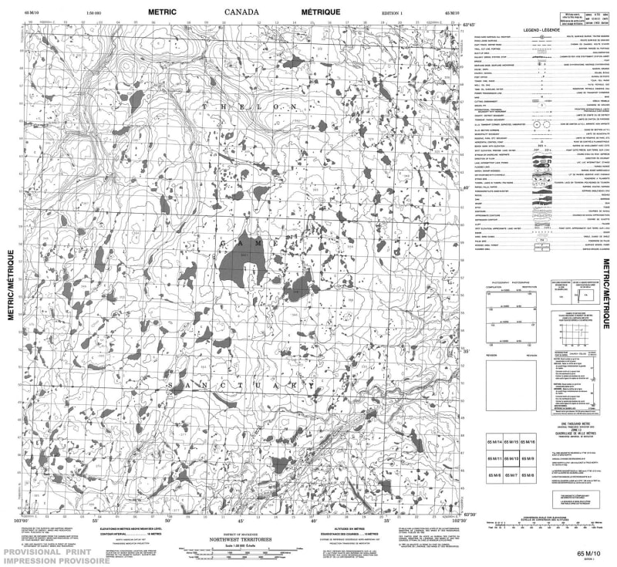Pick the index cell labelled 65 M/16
point(528,441)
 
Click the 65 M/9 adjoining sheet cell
point(528,459)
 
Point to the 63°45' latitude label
point(467,25)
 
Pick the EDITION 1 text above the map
point(393,14)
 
